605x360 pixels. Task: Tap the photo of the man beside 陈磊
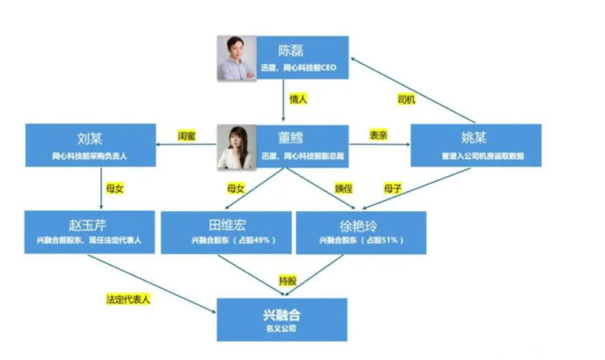[x=236, y=58]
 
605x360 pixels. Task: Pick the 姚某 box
[x=473, y=144]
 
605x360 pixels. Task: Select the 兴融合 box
[x=282, y=319]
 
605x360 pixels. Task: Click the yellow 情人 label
[x=299, y=99]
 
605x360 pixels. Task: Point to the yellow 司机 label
[x=406, y=99]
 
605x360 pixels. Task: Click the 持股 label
[x=288, y=278]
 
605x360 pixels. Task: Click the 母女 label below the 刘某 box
[x=112, y=188]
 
